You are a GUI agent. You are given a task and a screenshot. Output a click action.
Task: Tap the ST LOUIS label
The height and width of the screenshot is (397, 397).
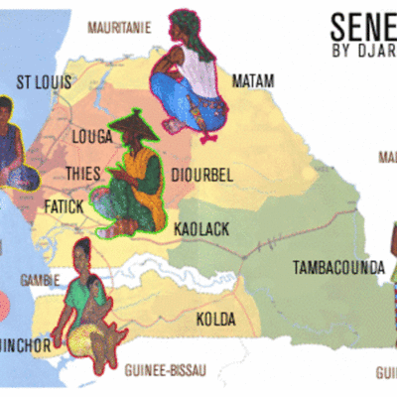pos(45,81)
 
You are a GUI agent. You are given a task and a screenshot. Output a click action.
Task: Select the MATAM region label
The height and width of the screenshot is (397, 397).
pos(252,80)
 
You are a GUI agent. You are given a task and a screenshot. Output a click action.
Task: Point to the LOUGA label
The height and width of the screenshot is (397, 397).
pos(92,136)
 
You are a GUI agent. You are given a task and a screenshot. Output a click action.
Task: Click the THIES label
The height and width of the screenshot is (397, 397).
pos(82,173)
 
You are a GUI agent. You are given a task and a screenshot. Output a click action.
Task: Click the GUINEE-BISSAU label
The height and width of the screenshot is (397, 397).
pos(166,370)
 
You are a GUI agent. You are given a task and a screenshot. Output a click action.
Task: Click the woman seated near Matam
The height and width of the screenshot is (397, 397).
pos(188,79)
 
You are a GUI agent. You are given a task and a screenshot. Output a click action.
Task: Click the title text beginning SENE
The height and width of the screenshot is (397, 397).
pos(362,25)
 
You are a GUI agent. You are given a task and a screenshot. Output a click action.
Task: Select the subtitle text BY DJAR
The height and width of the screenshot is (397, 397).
pos(363,51)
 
